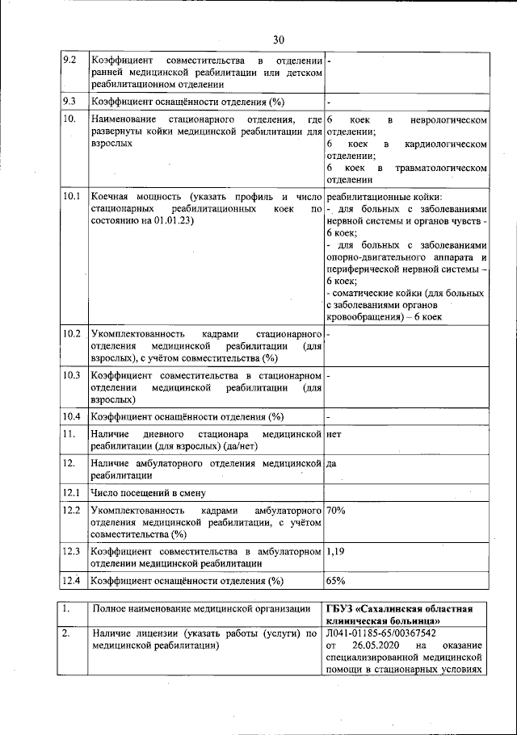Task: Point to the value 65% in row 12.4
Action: [x=336, y=580]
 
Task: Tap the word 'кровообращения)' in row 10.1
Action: [x=363, y=318]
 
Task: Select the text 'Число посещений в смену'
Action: [x=149, y=493]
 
